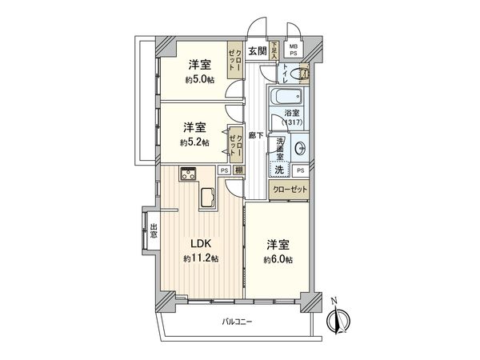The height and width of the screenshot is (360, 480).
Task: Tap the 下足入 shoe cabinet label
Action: click(274, 52)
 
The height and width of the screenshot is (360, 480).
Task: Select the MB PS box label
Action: click(293, 50)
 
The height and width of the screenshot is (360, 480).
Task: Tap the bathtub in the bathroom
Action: click(274, 108)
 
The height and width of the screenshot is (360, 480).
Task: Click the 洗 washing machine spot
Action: click(279, 170)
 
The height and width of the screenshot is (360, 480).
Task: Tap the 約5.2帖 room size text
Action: click(195, 142)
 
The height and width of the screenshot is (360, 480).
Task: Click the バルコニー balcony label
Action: click(237, 322)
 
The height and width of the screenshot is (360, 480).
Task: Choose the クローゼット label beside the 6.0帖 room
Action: click(289, 190)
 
